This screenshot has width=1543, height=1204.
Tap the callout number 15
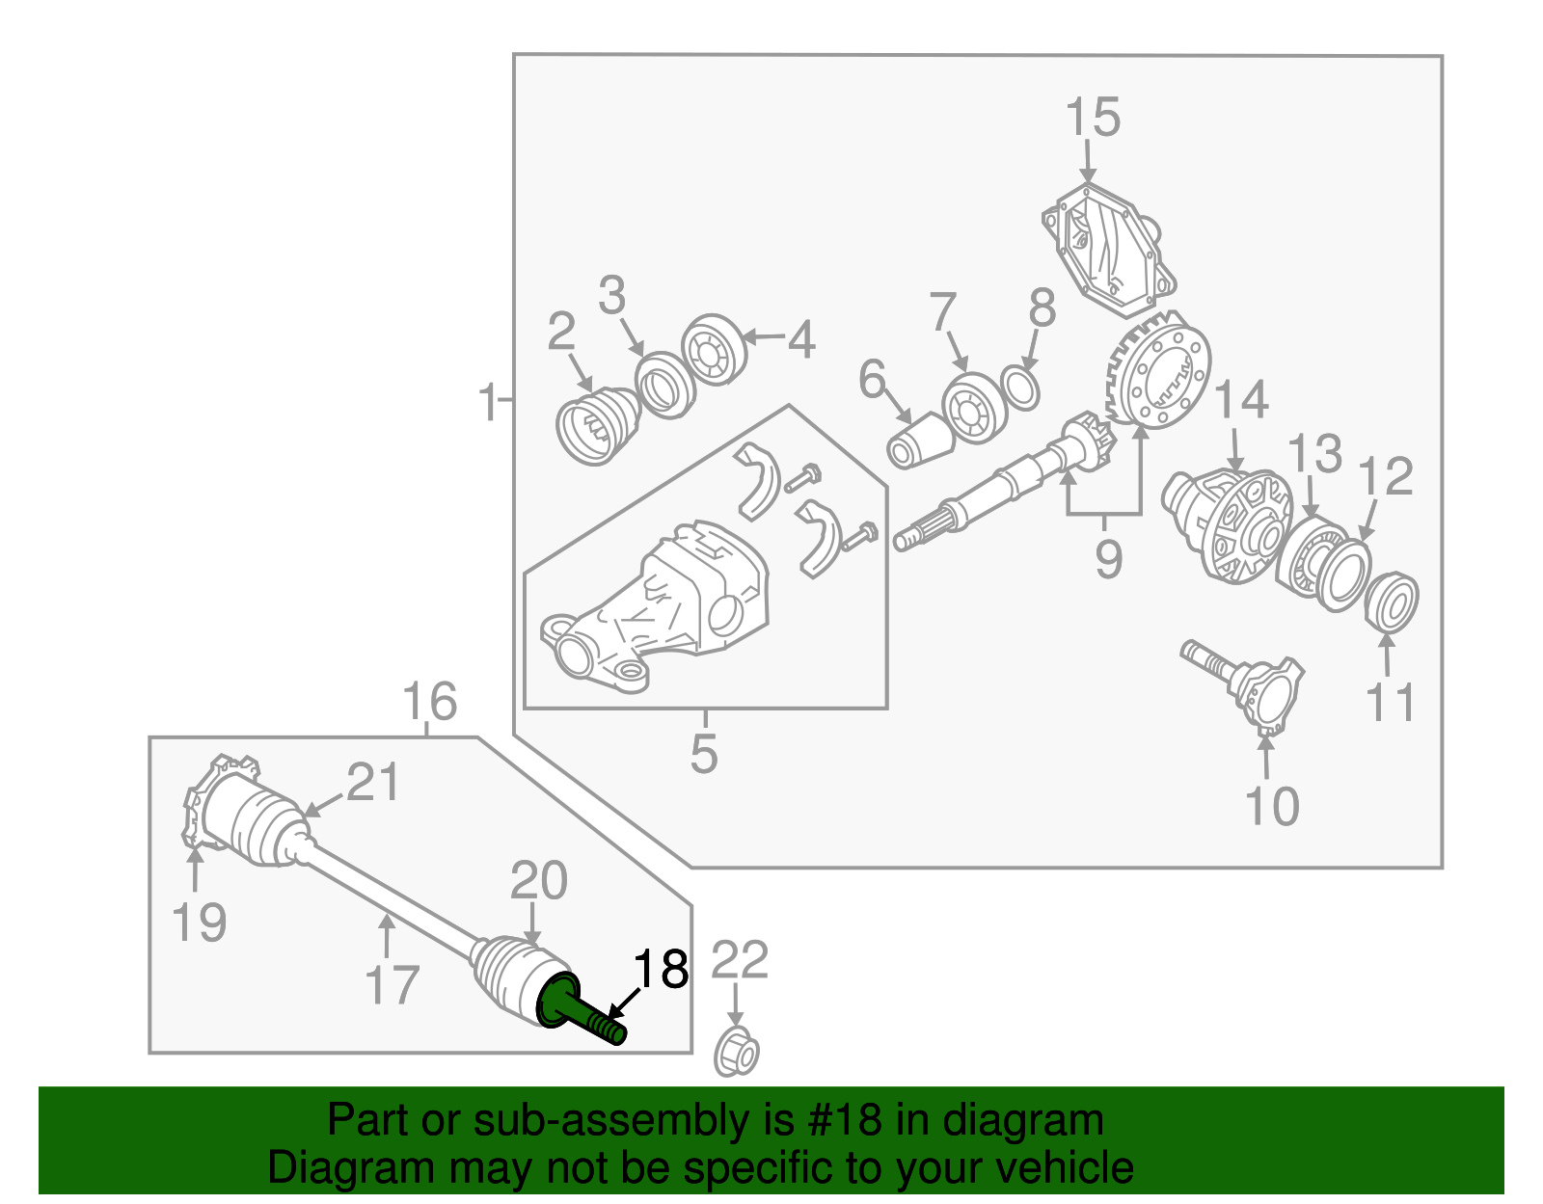[1092, 118]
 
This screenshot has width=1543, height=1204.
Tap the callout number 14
[1241, 399]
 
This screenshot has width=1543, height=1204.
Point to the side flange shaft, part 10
[1249, 685]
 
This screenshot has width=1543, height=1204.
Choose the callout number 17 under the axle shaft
[392, 984]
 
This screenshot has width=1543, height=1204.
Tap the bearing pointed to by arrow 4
[715, 349]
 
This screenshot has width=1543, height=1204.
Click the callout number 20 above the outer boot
[538, 880]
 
